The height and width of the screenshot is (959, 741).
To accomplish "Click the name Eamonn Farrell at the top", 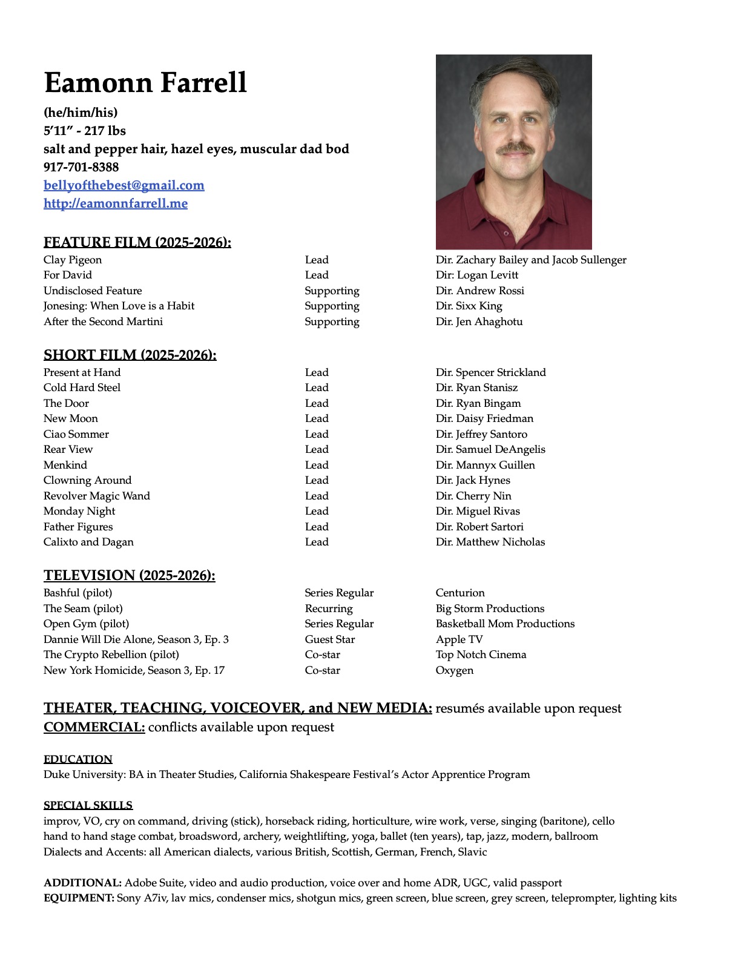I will (x=145, y=82).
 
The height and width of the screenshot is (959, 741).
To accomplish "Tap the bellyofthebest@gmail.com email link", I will (x=123, y=185).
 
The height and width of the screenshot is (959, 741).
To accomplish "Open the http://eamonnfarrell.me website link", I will (x=115, y=203).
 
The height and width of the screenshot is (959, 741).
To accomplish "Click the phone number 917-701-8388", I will (x=81, y=167).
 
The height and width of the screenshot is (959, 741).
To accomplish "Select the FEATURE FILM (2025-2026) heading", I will (x=137, y=242).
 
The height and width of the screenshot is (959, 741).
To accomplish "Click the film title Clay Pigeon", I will (x=73, y=260).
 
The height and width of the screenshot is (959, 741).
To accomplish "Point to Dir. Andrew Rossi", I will (x=479, y=291).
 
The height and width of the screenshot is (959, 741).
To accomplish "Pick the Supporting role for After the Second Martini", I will (x=332, y=321).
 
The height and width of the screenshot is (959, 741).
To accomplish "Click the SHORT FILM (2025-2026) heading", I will (x=130, y=355).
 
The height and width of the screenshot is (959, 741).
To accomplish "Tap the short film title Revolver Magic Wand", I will (x=96, y=496).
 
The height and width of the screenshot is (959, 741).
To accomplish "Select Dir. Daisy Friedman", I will (x=484, y=418).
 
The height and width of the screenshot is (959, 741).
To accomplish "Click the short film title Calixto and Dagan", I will (x=88, y=542).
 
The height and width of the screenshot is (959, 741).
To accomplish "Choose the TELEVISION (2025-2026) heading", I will (x=129, y=575).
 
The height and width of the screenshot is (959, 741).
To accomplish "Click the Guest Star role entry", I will (x=329, y=639).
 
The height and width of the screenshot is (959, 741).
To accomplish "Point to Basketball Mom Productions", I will (x=505, y=624).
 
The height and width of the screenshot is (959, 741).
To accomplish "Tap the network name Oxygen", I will (x=454, y=670).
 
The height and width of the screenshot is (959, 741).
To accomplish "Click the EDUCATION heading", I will (x=77, y=759).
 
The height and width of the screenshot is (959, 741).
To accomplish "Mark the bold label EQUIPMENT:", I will (x=79, y=898).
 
